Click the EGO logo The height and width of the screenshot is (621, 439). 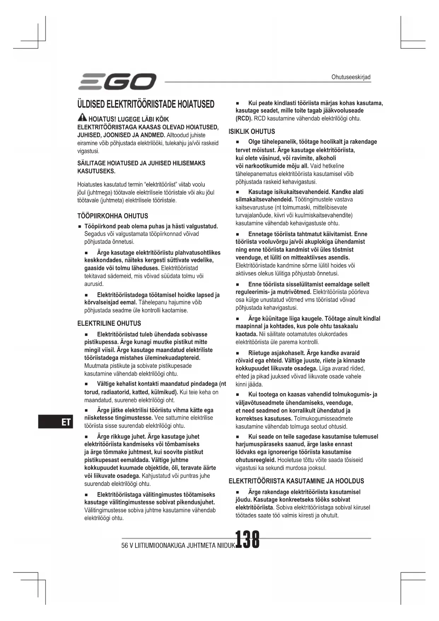(117, 82)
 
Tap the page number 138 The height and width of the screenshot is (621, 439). (247, 540)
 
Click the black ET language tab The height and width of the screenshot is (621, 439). (56, 422)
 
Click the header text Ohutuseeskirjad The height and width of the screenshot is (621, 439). (351, 77)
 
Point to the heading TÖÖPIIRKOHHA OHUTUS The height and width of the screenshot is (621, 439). (112, 216)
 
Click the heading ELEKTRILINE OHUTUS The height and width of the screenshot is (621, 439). (109, 323)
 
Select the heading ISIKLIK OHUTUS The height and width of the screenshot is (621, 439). (252, 132)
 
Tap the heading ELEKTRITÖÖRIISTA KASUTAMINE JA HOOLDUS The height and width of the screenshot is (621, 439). (296, 481)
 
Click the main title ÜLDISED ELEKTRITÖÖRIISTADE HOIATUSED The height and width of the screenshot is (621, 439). (146, 104)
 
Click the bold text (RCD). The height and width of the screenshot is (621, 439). (244, 118)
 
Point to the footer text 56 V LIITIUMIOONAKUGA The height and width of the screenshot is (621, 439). (155, 546)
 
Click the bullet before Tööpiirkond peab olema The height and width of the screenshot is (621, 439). (80, 227)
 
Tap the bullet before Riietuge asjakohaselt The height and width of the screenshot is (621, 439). (238, 353)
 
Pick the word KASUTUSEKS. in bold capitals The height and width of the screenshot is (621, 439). (96, 171)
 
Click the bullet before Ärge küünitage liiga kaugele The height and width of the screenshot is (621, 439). (238, 319)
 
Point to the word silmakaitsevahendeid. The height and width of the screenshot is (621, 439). (264, 200)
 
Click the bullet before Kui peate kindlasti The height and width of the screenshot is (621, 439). (238, 103)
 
